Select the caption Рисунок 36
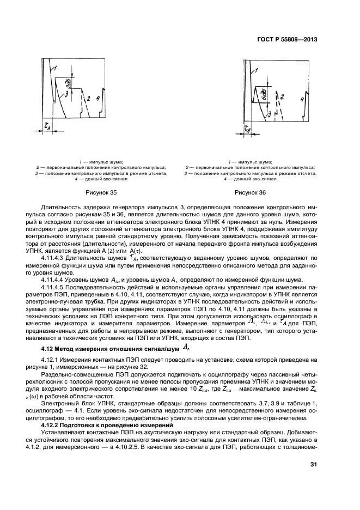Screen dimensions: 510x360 (x=251, y=192)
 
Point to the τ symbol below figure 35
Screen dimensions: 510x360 (x=48, y=125)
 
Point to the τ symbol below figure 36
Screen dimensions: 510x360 (x=248, y=129)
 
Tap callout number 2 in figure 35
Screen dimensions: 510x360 (x=88, y=99)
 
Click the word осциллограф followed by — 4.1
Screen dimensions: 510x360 (x=57, y=410)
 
